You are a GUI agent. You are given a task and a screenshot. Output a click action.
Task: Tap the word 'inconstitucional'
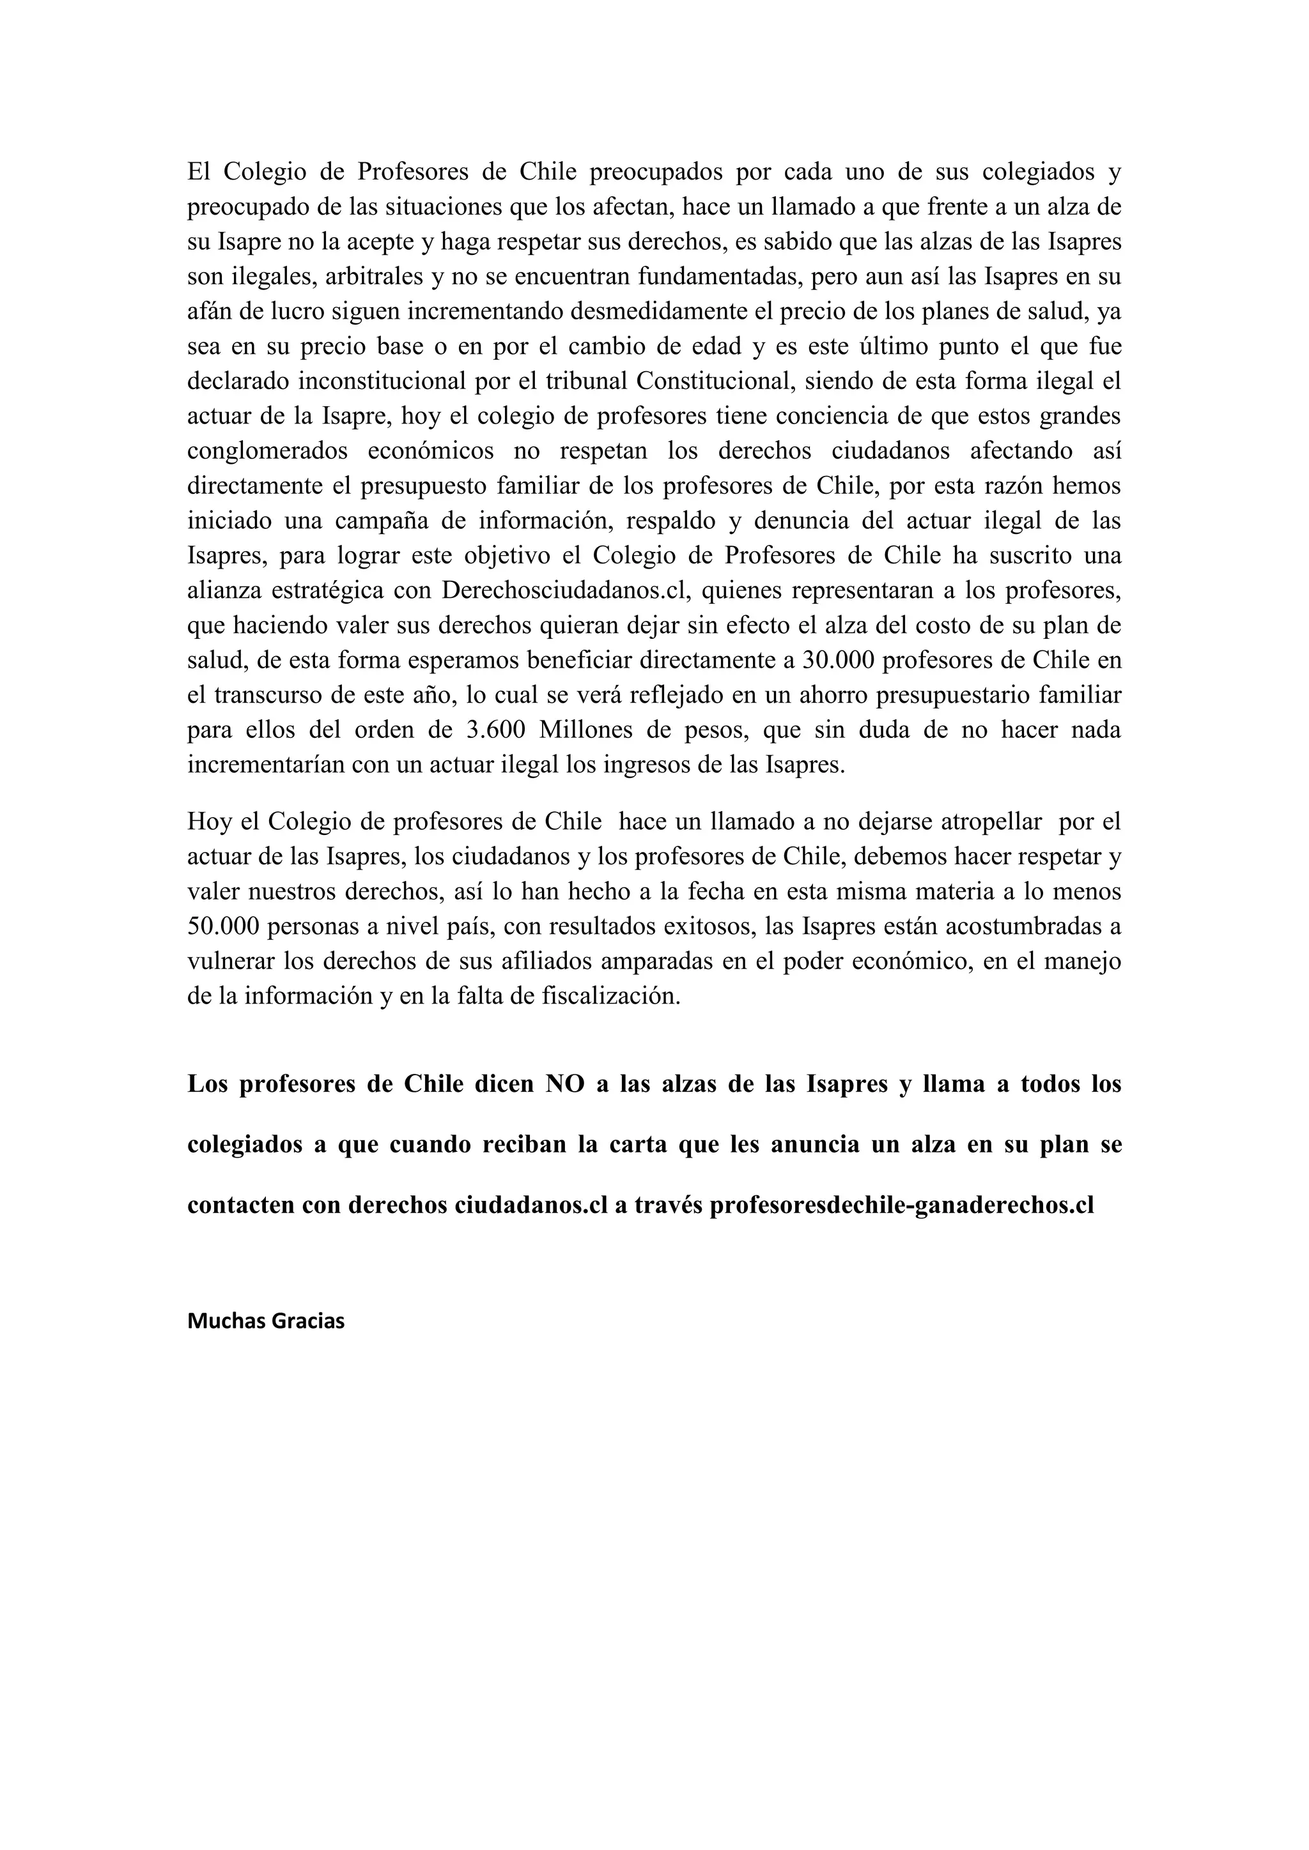click(382, 381)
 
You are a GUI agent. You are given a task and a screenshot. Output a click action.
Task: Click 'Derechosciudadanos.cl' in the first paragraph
click(568, 591)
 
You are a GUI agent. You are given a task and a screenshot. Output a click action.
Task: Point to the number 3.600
click(496, 730)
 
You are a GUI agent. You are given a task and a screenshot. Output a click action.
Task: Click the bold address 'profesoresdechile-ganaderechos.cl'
click(901, 1205)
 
